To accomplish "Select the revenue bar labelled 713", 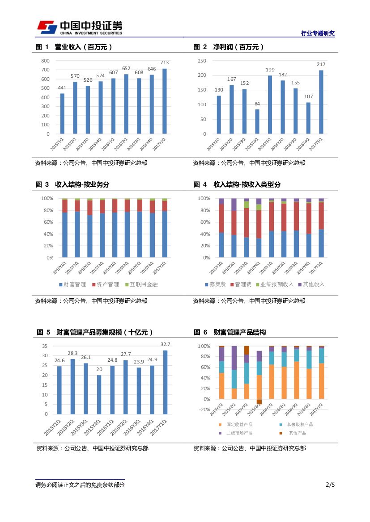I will [165, 101].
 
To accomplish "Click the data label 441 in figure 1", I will [62, 88].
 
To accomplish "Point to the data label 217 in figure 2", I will [321, 64].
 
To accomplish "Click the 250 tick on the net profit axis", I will [202, 61].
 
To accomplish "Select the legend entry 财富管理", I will [72, 284].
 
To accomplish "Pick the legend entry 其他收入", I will [311, 284].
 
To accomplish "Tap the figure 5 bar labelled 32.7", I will [165, 382].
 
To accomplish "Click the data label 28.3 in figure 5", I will [72, 353].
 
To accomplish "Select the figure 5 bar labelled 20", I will [99, 394].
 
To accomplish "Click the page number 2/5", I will [330, 484].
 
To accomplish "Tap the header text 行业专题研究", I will [318, 33].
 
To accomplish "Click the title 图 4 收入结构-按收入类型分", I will [237, 184].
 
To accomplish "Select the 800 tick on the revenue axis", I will [45, 61].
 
